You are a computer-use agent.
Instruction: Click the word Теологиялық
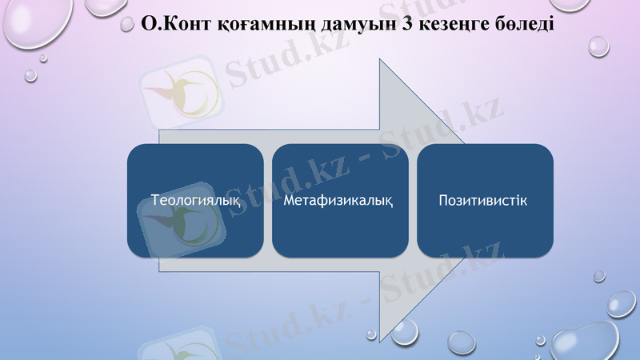[196, 199]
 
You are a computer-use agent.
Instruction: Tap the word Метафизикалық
[338, 199]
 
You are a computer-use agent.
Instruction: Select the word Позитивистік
[483, 199]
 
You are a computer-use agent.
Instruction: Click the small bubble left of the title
[127, 25]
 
